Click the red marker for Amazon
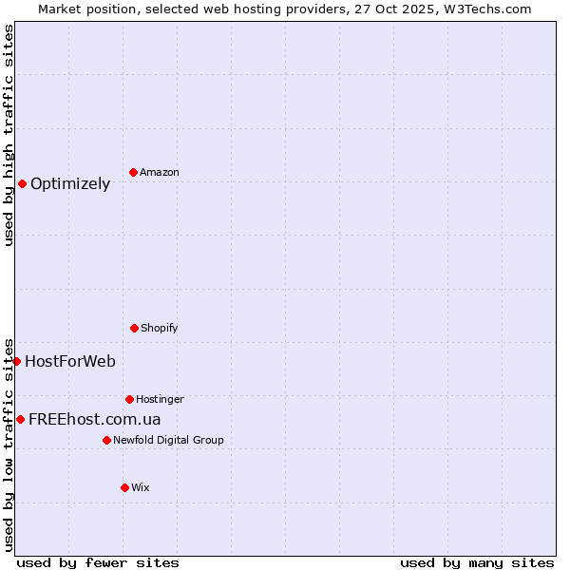133,172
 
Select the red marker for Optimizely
22,183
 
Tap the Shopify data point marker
134,328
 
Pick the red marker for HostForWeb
16,361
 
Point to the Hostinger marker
129,399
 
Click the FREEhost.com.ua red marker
20,419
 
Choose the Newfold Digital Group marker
106,440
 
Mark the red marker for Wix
124,487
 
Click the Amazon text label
160,172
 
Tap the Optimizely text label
70,183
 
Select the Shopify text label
160,328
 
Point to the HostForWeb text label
70,361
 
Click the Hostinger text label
160,399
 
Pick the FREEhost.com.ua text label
95,419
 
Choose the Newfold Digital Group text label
168,440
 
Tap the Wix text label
141,487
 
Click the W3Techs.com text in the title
484,9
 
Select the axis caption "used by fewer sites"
98,562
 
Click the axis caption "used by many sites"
477,562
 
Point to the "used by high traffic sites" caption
9,135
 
